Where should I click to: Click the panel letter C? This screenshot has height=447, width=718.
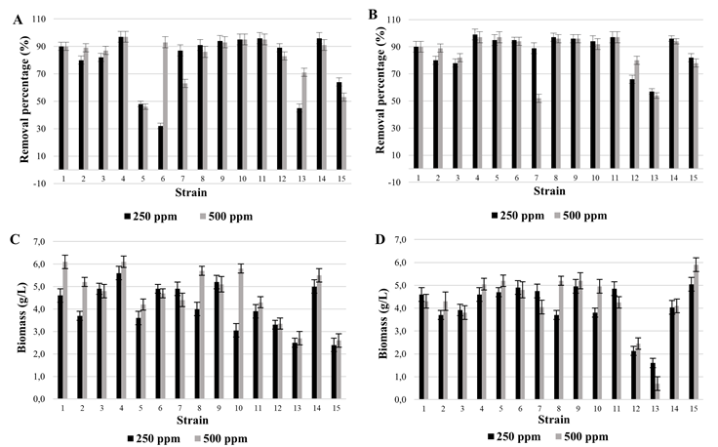tap(19, 238)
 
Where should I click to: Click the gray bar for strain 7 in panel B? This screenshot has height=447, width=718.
tap(538, 138)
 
